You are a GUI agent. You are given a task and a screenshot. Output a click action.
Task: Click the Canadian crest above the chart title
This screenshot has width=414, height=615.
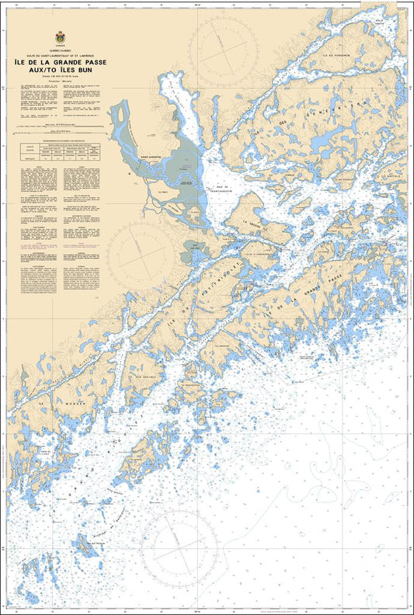59,37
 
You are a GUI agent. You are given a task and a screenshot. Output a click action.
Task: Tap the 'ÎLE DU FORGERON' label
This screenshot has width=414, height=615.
339,56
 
